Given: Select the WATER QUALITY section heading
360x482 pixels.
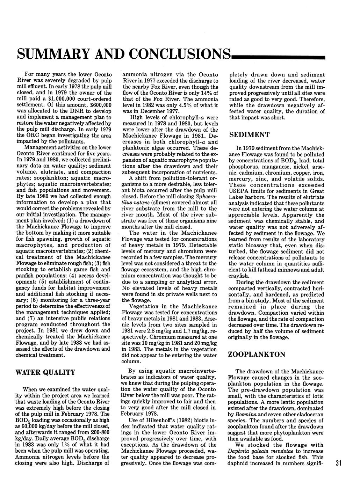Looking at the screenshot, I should [x=45, y=372].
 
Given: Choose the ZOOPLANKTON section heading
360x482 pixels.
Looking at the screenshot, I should [x=257, y=355].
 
